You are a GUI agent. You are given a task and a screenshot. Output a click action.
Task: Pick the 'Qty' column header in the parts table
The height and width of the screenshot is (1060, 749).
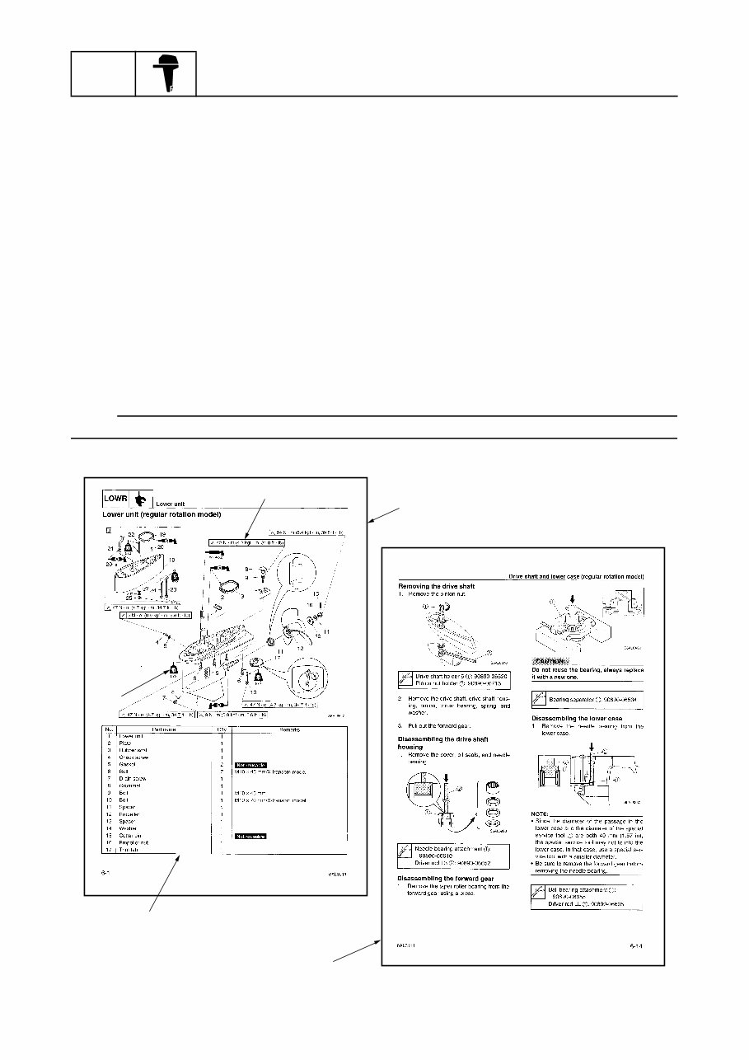coord(220,729)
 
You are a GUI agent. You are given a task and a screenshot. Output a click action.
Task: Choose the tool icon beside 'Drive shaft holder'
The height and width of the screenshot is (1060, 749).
coord(405,679)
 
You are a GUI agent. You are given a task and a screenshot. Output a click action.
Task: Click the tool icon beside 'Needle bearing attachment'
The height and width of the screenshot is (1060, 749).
coord(405,852)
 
